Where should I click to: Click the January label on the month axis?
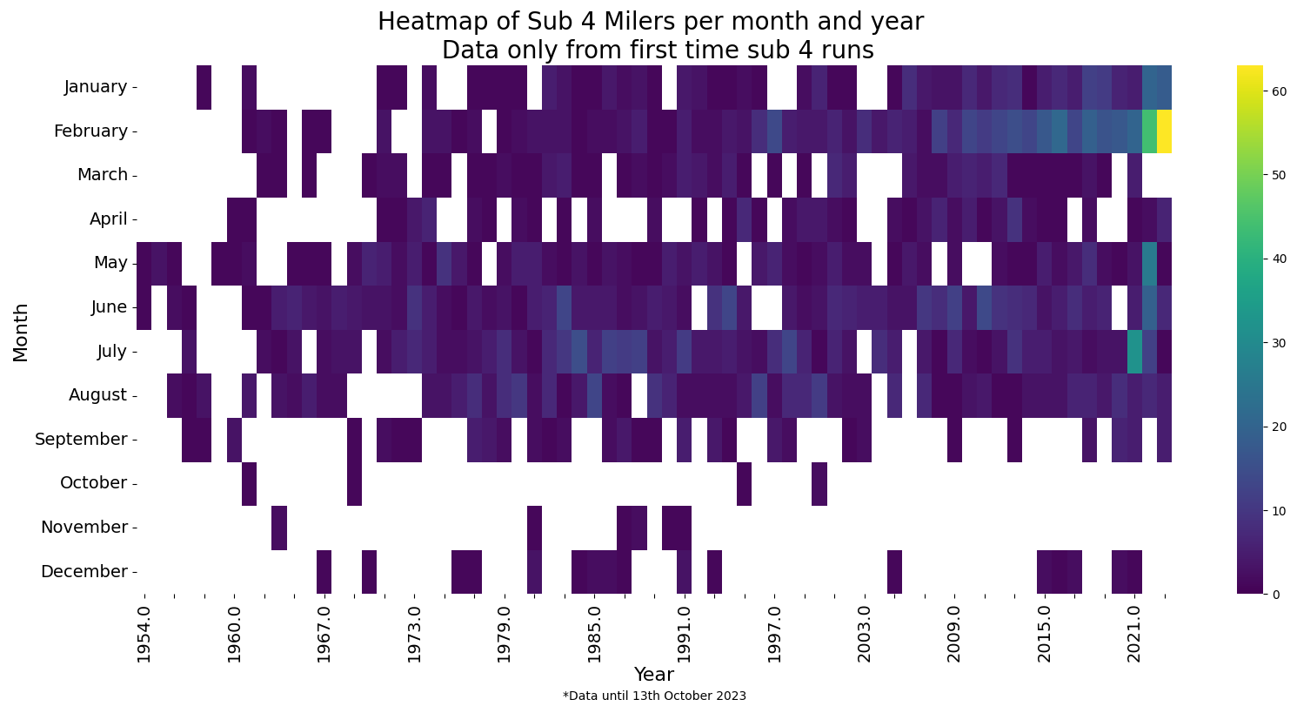click(96, 87)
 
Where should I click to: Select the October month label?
click(93, 483)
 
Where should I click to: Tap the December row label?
click(84, 572)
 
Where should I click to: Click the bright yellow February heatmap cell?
click(1164, 131)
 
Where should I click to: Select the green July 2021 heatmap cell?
click(1134, 351)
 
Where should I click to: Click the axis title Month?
click(21, 331)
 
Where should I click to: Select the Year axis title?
click(653, 675)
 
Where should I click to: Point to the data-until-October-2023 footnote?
click(654, 696)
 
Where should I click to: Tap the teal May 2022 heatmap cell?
click(1149, 263)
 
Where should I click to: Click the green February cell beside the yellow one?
click(1149, 131)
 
